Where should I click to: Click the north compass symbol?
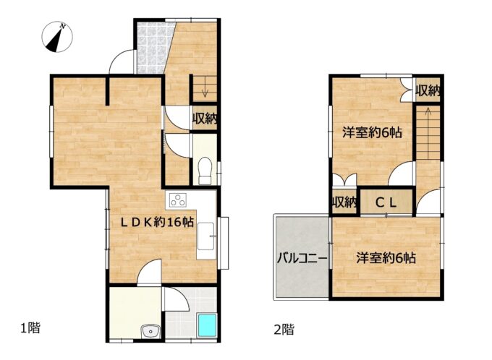coord(57,37)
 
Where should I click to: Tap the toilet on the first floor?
coord(205,171)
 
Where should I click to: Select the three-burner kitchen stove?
coord(177,200)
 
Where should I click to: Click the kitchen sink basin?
coord(205,236)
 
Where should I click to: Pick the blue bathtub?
coord(207,325)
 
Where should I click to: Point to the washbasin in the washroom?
coord(151,331)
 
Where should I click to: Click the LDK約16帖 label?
coord(157,223)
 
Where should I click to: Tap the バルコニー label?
coord(302,259)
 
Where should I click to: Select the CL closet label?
coord(386,203)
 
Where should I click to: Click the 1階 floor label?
coord(30,328)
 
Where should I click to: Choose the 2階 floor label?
coord(284,329)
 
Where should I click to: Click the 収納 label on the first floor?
coord(205,119)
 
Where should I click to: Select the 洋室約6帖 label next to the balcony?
coord(386,258)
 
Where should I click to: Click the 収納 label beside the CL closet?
coord(344,202)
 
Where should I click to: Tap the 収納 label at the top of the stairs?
coord(428,91)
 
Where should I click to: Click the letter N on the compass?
coord(63,26)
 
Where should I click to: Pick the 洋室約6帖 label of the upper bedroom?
coord(372,132)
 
